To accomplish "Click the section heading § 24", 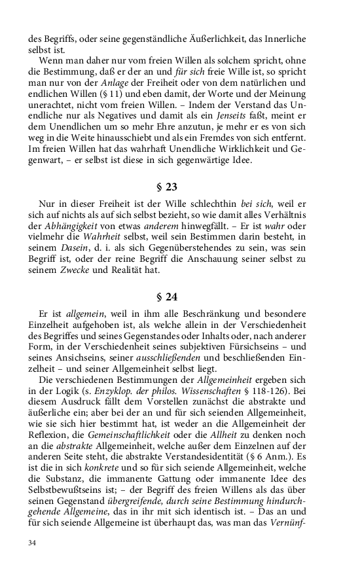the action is pos(179,296).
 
